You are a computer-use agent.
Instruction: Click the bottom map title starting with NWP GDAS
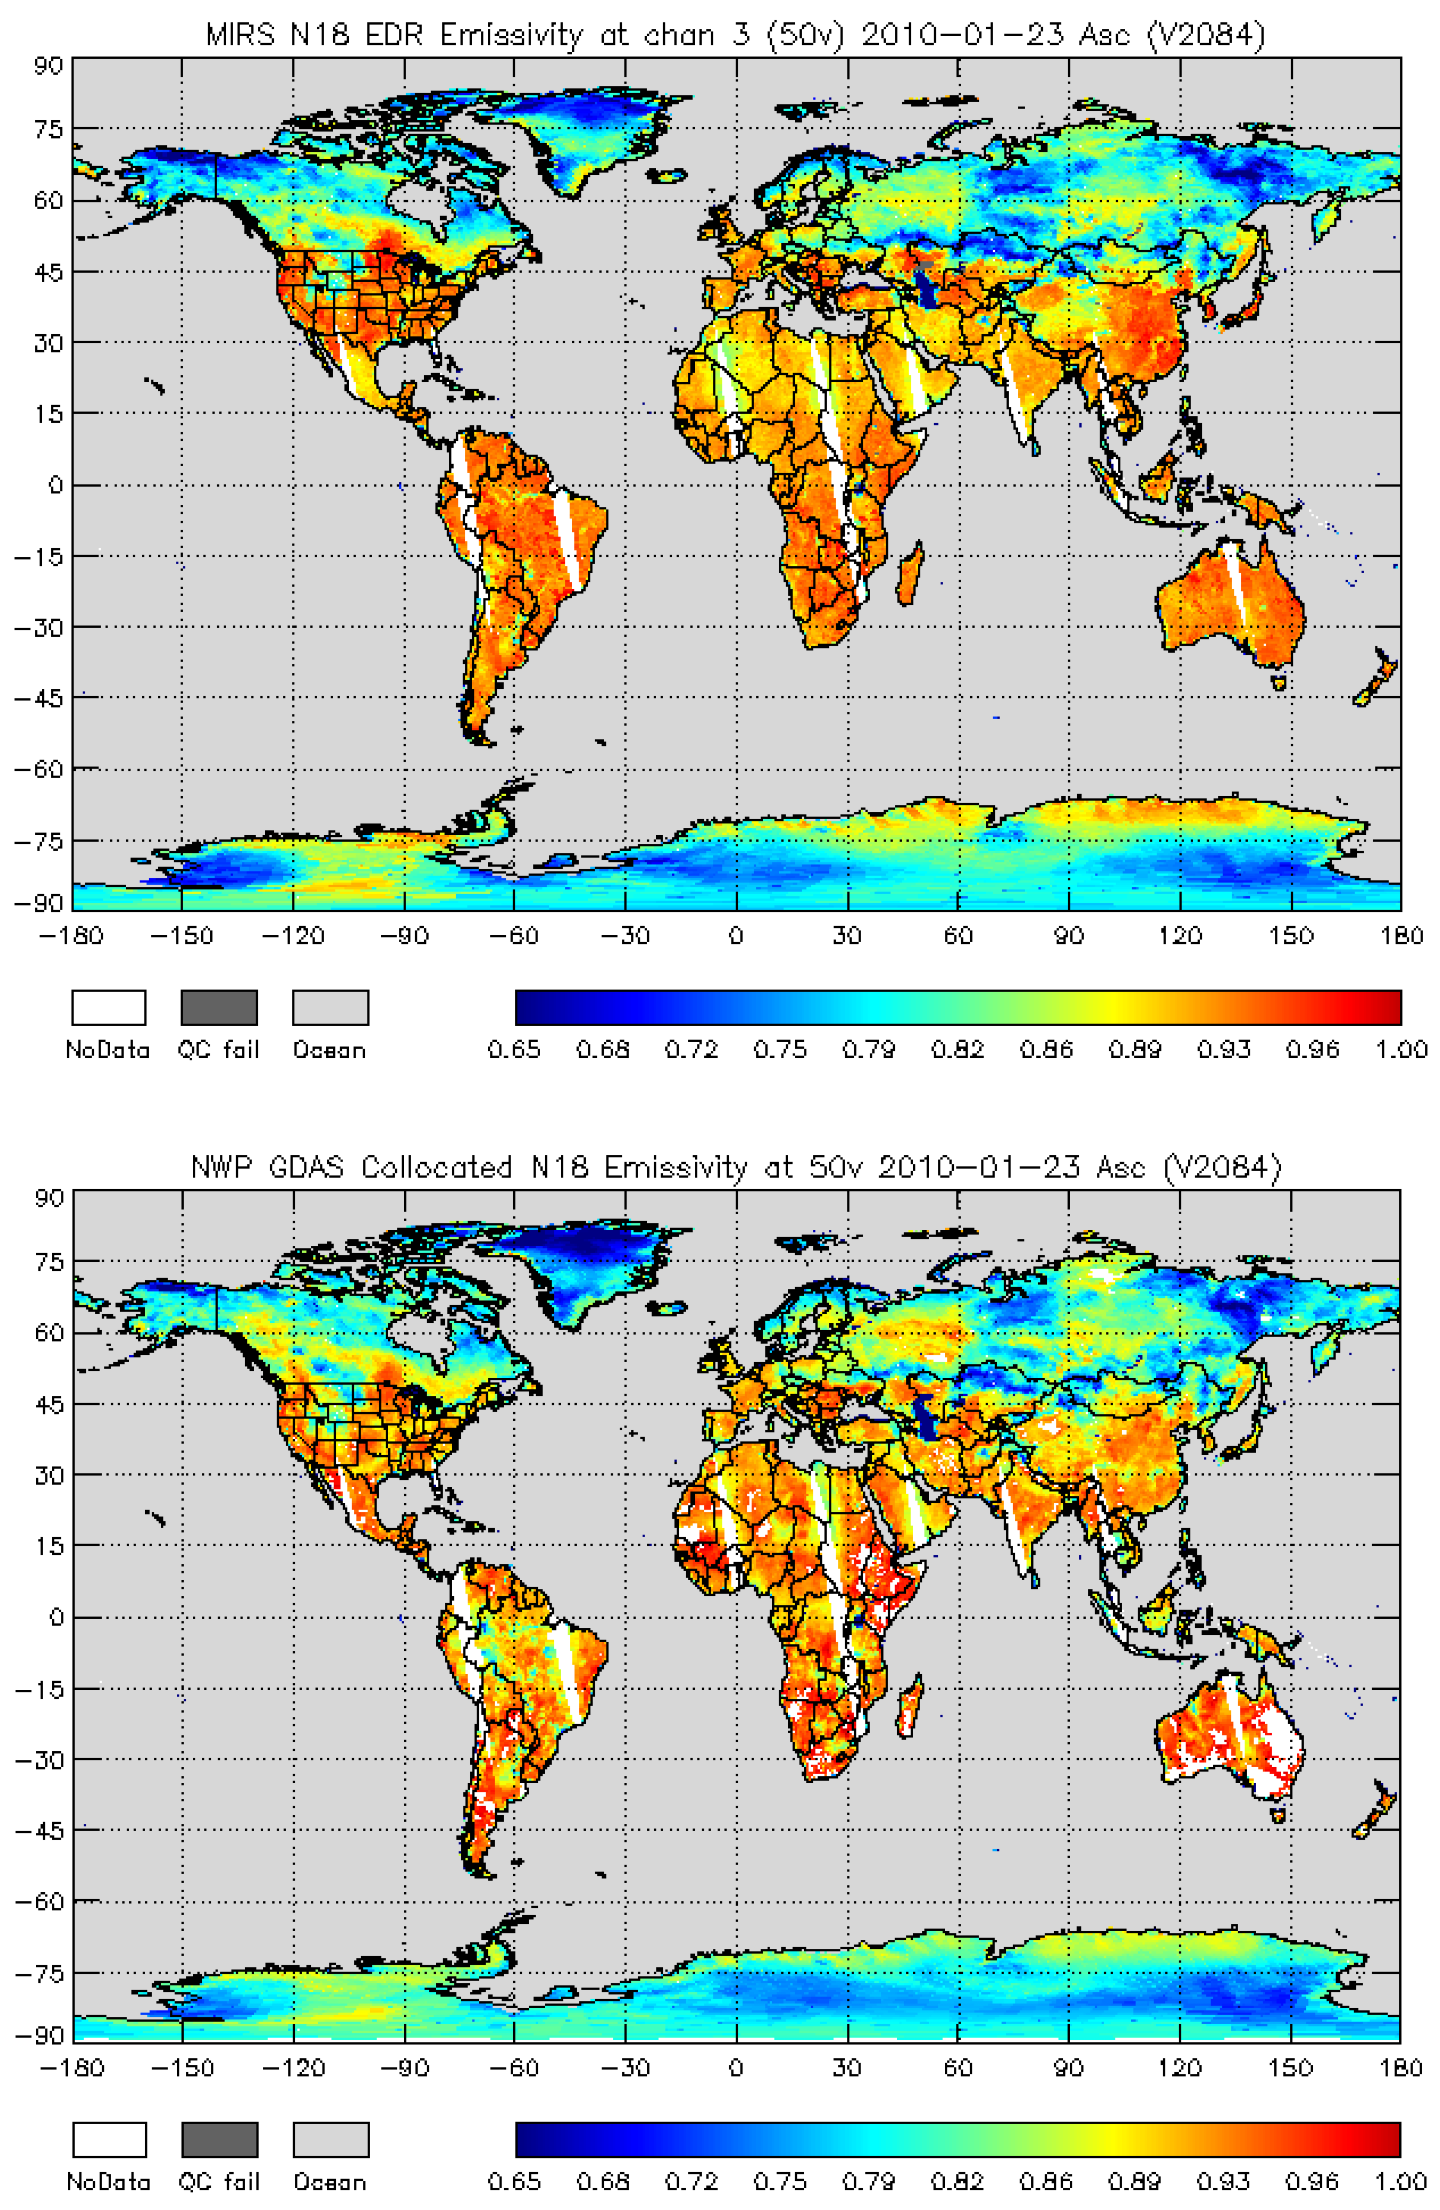point(735,1167)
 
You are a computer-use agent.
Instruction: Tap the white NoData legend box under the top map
point(109,1008)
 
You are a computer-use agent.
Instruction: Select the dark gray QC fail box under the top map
point(219,1008)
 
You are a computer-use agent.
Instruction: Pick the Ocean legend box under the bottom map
point(330,2140)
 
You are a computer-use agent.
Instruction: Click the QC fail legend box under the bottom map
point(219,2140)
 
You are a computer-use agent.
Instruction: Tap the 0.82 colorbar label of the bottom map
point(957,2182)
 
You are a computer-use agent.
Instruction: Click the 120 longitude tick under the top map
point(1179,935)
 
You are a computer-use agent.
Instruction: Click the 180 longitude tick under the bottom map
point(1401,2067)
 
